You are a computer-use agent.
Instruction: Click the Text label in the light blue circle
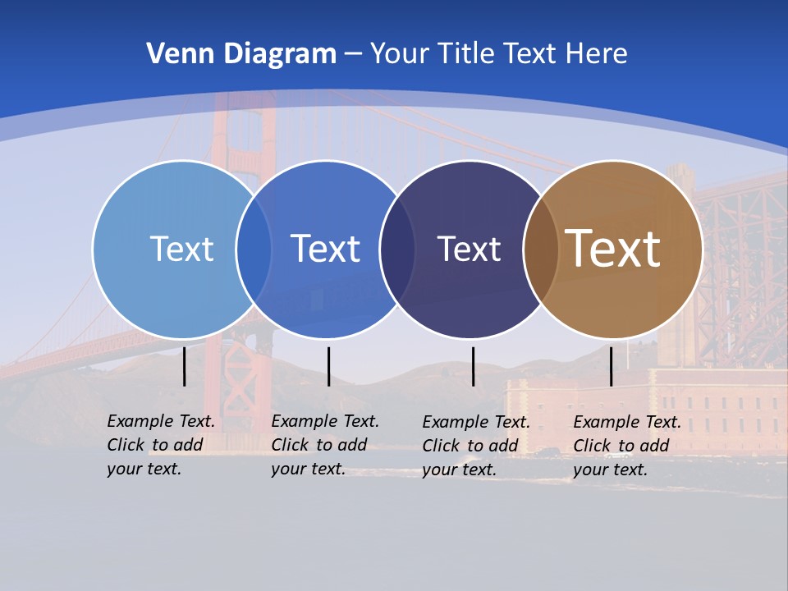coord(181,249)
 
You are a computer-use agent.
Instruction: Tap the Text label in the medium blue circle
coord(325,249)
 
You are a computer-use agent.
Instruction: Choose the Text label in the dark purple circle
coord(469,249)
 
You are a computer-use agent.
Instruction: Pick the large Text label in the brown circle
coord(612,249)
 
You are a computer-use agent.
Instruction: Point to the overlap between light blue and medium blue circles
coord(254,249)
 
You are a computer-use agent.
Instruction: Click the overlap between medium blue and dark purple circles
coord(397,249)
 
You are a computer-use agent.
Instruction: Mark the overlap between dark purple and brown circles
coord(541,249)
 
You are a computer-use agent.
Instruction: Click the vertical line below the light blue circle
coord(185,366)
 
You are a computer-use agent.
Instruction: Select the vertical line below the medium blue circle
coord(328,366)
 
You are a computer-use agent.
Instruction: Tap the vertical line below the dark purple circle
coord(473,366)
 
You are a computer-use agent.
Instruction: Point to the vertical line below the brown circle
coord(611,366)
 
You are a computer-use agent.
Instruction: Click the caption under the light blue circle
coord(160,445)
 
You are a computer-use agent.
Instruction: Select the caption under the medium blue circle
coord(324,445)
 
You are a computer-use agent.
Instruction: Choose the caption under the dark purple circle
coord(475,446)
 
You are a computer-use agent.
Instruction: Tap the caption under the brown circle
coord(626,446)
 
